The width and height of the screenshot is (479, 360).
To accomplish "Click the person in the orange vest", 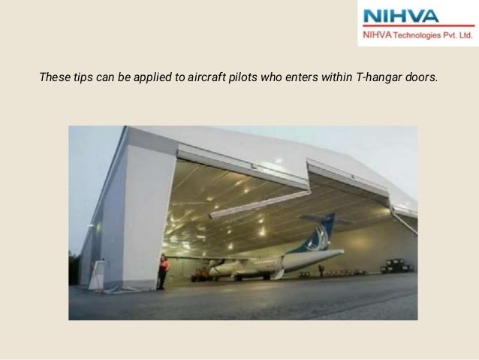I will [x=162, y=271].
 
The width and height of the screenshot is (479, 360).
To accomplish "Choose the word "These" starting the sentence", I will [x=54, y=76].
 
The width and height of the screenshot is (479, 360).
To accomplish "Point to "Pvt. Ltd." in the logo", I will [x=459, y=35].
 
